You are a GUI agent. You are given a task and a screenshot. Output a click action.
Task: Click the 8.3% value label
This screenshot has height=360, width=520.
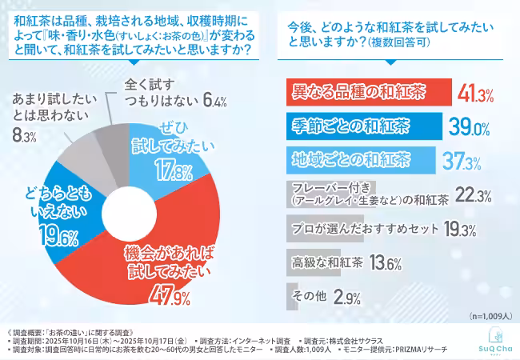(x=25, y=137)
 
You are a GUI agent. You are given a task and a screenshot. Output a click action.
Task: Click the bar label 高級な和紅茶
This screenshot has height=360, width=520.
(x=324, y=262)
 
